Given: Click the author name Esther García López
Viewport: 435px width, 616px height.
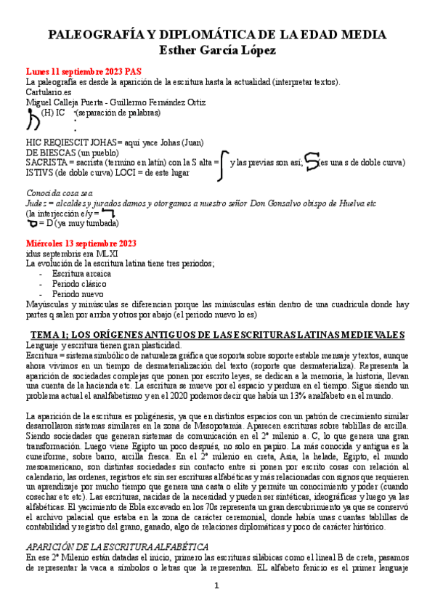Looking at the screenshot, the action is (217, 49).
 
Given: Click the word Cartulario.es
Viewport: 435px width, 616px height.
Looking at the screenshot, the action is (48, 93).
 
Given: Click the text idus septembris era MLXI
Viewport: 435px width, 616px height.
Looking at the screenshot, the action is (67, 253).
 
